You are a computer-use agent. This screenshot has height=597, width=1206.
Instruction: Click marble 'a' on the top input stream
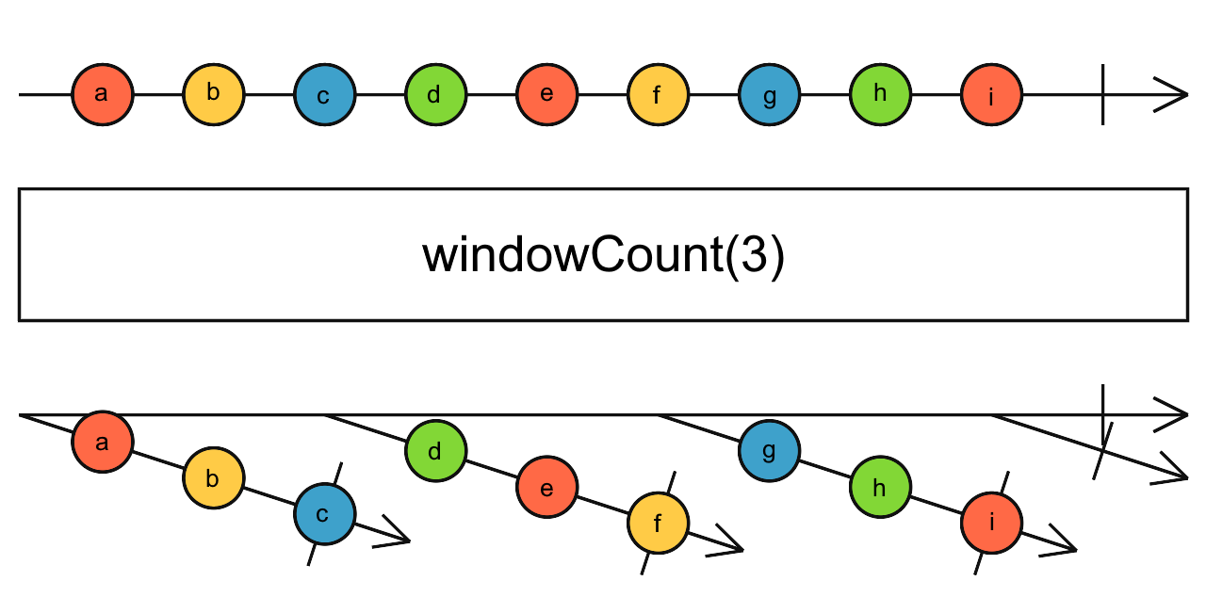102,95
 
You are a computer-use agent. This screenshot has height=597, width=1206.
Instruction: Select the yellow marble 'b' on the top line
213,95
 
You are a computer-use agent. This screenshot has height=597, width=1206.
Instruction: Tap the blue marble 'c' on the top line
324,95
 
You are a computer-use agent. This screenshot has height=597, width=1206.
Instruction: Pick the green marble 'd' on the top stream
435,95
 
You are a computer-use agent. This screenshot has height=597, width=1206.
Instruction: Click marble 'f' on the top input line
658,95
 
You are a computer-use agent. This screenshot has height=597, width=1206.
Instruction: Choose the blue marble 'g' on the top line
769,95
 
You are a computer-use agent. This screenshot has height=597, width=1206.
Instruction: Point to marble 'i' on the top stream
991,95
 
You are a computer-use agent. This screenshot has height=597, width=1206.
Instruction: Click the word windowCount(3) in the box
603,256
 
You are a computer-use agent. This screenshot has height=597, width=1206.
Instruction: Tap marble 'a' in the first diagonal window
102,442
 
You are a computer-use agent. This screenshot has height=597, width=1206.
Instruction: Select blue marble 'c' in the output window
324,514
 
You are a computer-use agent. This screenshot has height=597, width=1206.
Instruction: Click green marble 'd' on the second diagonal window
435,451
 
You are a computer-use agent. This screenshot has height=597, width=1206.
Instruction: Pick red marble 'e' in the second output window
546,488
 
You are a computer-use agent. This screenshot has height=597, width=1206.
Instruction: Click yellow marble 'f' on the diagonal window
658,524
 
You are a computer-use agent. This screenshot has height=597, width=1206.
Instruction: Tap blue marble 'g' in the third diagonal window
769,451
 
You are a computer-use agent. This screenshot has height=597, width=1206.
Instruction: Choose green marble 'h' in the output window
880,488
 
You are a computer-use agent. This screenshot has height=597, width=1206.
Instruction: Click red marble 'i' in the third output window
991,524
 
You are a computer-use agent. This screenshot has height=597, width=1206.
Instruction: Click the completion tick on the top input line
1102,95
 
